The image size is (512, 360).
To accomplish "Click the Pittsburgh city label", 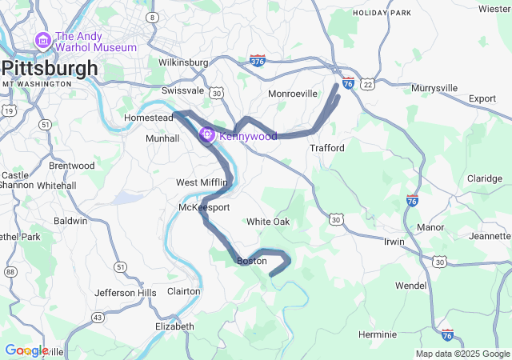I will point(50,68).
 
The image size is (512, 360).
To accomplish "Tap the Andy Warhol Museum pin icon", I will point(42,40).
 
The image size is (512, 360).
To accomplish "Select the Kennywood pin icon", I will point(207,136).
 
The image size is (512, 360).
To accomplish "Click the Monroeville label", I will point(292,94).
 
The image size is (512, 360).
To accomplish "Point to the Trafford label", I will point(327,148).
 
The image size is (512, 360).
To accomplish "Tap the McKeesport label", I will point(204,207).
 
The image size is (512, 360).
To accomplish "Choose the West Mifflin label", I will point(202,182).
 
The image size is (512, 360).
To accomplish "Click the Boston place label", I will point(252,261).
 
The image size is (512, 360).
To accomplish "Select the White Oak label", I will point(268,222).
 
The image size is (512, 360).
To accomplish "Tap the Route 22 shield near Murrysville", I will point(367,84).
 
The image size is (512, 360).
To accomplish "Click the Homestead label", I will point(149,118).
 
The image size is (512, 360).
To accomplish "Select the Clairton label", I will point(183,291).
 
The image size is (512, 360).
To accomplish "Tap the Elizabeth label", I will point(174,326).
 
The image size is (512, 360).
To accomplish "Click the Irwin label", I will point(394,242).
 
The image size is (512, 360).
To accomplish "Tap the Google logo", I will point(26,350).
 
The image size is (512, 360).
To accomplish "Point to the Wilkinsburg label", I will point(183,62).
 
